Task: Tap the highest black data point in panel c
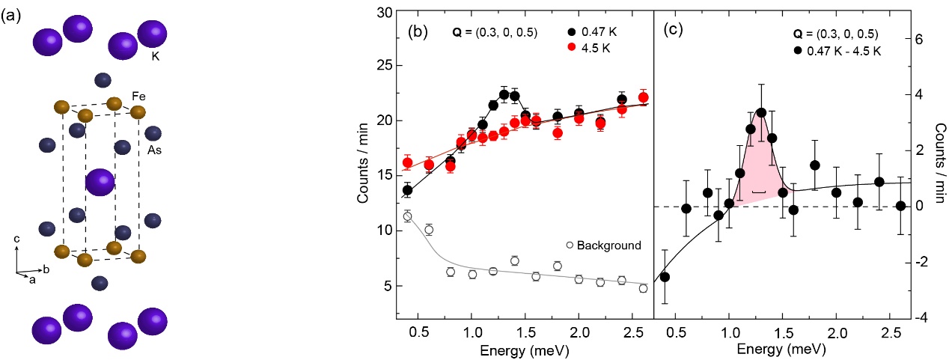[x=761, y=113]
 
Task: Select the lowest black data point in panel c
[x=664, y=277]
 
